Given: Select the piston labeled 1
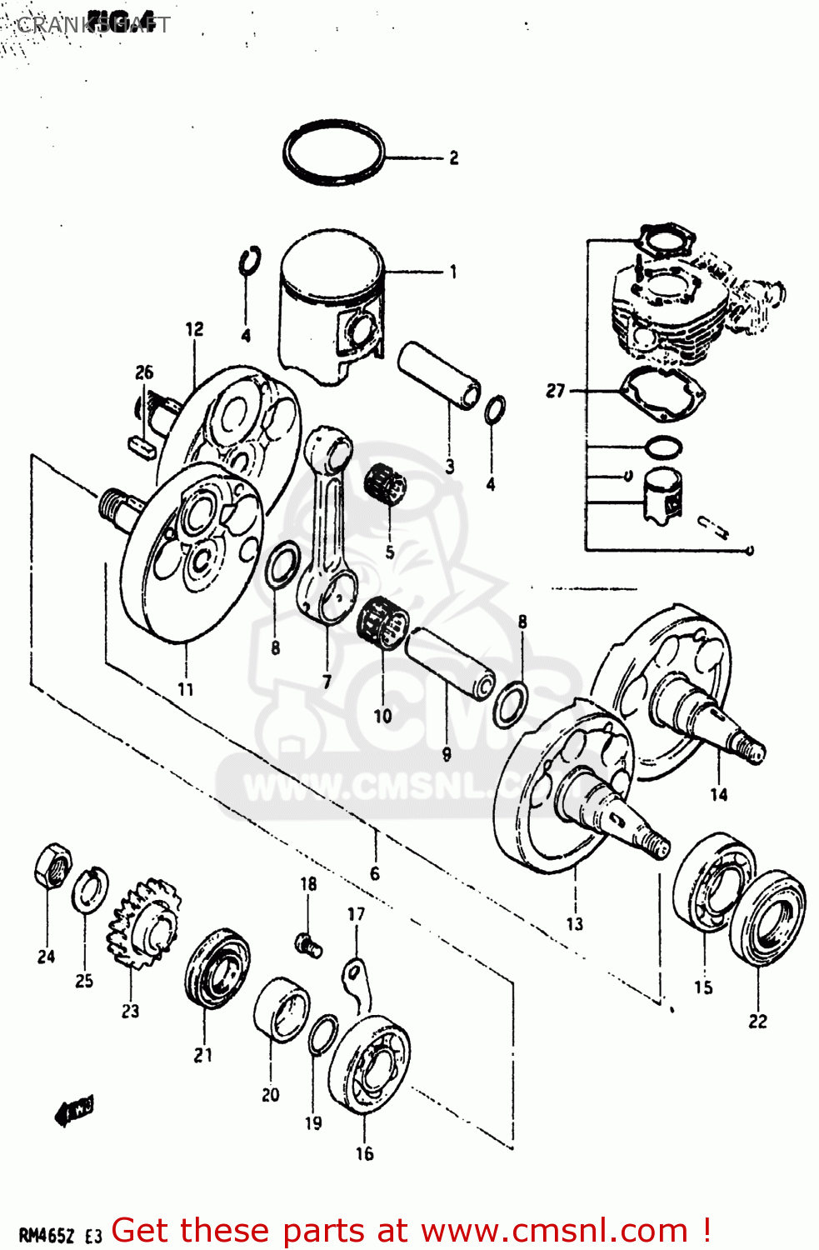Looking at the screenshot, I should pos(331,308).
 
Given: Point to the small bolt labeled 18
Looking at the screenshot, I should pos(308,944).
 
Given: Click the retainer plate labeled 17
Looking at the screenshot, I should pos(357,983).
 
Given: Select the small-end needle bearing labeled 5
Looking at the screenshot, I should pos(385,484).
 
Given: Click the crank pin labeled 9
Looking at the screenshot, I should pos(451,663).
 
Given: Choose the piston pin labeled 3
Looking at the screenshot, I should pos(439,374).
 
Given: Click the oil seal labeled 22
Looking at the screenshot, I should pos(768,917).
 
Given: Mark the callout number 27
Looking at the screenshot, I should pos(556,390).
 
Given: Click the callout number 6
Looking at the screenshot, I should pos(375,873).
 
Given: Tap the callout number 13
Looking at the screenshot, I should pos(575,923).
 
